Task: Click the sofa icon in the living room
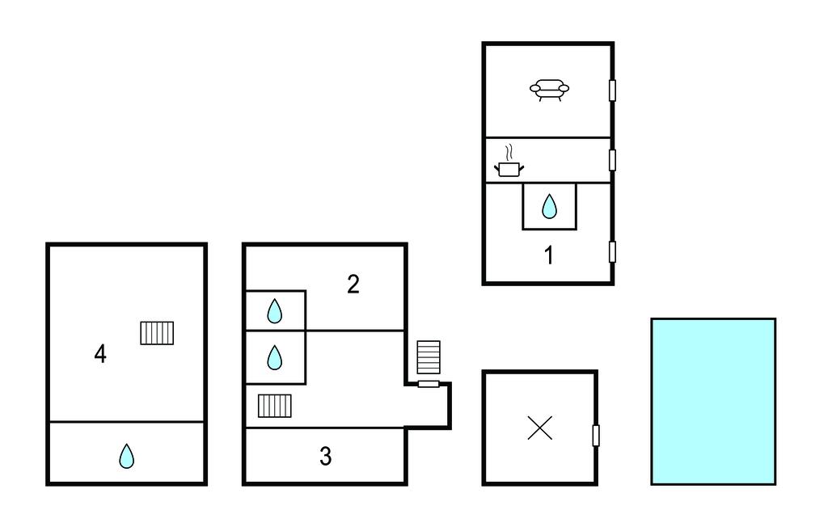(549, 90)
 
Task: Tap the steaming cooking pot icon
(509, 162)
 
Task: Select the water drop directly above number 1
(549, 206)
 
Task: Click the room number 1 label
(549, 255)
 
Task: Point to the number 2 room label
(353, 284)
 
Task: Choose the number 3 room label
(325, 456)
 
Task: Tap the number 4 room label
(100, 354)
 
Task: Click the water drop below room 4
(126, 456)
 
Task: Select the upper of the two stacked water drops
(275, 311)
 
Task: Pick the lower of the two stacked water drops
(275, 357)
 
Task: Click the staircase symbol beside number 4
(157, 333)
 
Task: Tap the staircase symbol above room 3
(275, 406)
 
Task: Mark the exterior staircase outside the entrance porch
(429, 357)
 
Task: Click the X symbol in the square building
(539, 428)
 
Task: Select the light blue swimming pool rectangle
(713, 402)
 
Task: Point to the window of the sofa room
(613, 91)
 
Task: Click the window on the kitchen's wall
(613, 160)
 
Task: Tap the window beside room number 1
(613, 252)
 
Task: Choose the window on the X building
(596, 436)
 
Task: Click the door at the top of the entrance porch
(429, 384)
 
